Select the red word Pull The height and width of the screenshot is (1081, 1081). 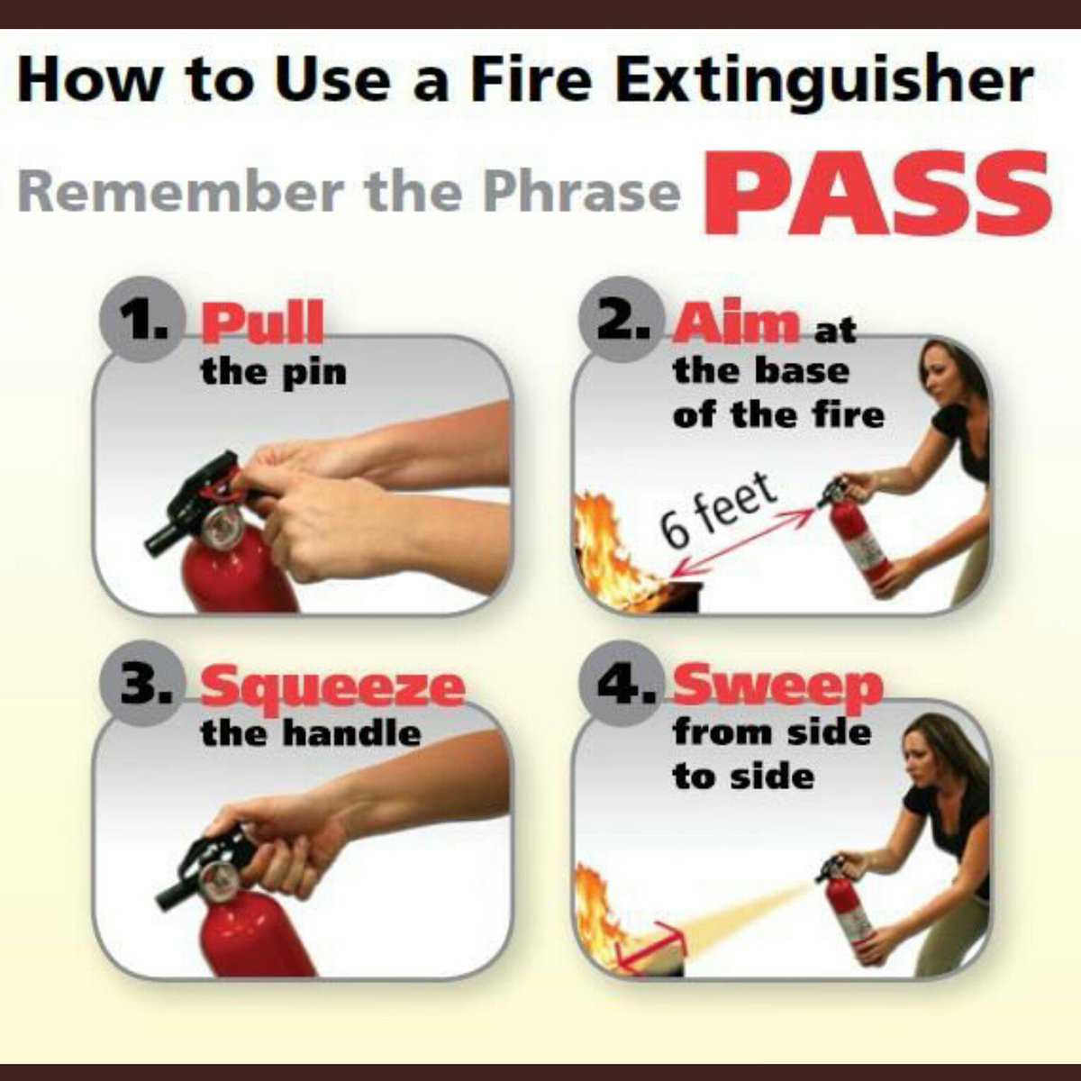262,323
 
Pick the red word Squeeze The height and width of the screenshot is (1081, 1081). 332,687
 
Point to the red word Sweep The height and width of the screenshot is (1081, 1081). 777,687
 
